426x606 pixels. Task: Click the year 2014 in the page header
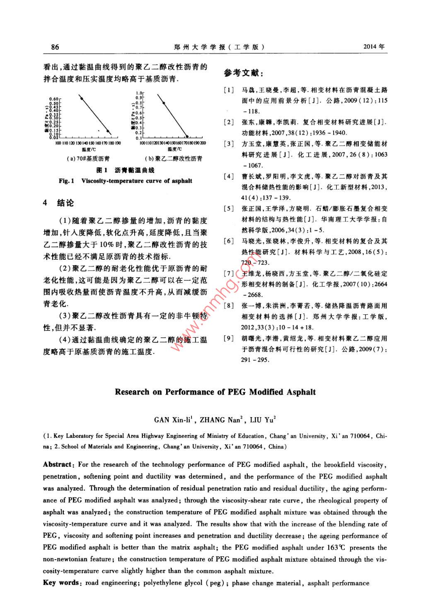coord(373,47)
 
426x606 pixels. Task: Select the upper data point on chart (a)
coord(82,98)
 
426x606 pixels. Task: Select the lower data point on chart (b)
coord(187,136)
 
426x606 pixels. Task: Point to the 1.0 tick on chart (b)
coord(140,93)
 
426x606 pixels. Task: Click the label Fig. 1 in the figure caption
coord(66,181)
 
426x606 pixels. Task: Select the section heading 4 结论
coord(59,203)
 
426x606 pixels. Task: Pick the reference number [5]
coord(229,208)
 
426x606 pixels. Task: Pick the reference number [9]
coord(229,338)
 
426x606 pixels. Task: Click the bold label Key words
coord(61,583)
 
